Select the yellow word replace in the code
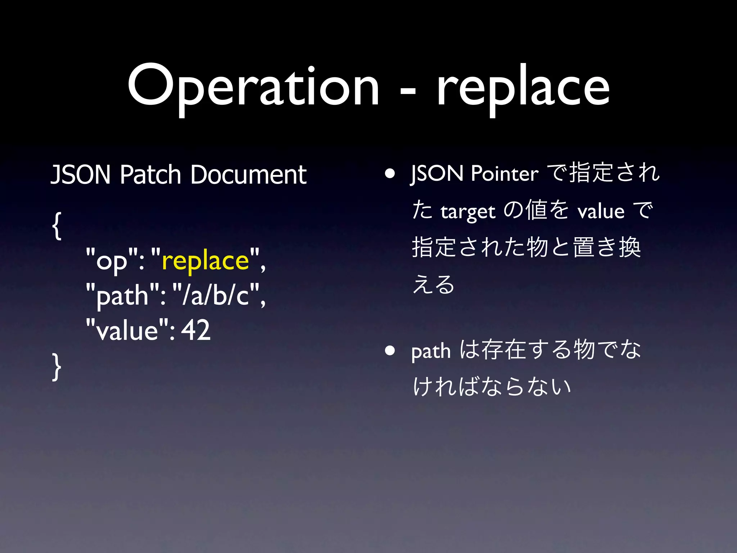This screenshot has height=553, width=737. tap(205, 261)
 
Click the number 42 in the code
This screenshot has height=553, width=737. tap(195, 330)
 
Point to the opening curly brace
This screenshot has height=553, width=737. tap(57, 226)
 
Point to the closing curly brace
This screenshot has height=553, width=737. tap(57, 366)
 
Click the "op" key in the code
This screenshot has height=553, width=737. tap(112, 261)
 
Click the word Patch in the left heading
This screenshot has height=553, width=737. tap(150, 175)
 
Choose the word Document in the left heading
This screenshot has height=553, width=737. tap(248, 175)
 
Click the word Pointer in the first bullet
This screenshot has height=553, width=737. tap(505, 174)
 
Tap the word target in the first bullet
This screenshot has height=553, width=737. tap(468, 212)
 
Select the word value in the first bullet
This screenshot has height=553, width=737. tap(601, 211)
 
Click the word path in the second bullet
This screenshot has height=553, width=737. tap(431, 351)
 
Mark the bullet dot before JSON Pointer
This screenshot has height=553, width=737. tap(390, 174)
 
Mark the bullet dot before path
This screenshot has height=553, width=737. tap(390, 350)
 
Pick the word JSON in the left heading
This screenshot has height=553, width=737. tap(81, 175)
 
